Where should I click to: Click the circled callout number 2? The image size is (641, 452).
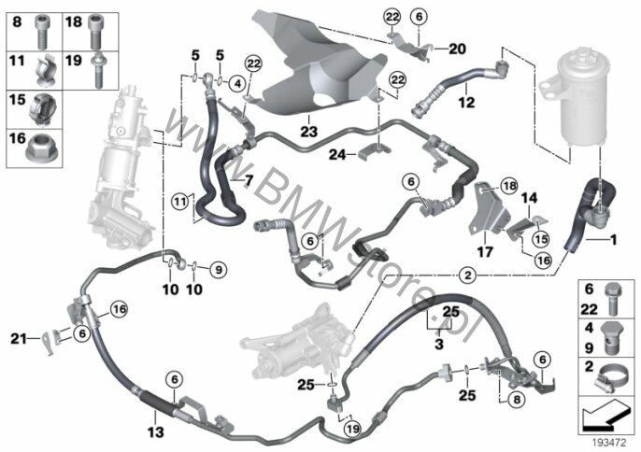click(x=468, y=275)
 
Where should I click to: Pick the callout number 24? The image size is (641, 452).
click(x=337, y=153)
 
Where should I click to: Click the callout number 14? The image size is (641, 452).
click(x=529, y=198)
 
